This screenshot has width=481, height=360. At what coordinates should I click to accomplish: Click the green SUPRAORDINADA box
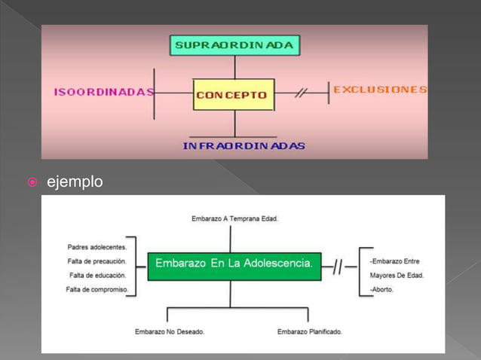click(x=234, y=45)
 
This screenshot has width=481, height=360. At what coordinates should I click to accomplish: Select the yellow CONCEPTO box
click(x=233, y=95)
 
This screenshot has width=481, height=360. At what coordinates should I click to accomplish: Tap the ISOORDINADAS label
click(x=103, y=93)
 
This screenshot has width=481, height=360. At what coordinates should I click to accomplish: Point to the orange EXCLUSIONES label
click(x=380, y=90)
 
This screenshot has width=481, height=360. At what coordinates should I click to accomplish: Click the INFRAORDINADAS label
click(x=244, y=145)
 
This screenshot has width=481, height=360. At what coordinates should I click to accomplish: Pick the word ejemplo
click(x=75, y=182)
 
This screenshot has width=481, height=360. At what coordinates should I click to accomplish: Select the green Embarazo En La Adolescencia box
click(x=234, y=264)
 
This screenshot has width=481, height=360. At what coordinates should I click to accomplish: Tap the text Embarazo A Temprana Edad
click(x=235, y=219)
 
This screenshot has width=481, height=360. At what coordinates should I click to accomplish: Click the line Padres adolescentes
click(x=97, y=246)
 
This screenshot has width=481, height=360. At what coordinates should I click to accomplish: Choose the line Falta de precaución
click(x=97, y=261)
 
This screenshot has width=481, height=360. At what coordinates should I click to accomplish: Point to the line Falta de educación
click(x=97, y=276)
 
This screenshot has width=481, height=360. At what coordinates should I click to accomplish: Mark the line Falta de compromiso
click(x=97, y=290)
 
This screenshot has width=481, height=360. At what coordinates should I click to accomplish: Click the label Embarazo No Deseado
click(x=169, y=331)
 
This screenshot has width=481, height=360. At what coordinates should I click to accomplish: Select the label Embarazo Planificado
click(x=309, y=331)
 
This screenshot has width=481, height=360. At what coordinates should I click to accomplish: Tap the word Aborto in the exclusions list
click(x=381, y=290)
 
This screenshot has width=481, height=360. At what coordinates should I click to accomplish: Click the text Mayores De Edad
click(x=397, y=276)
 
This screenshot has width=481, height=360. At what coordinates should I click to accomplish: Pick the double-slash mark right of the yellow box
click(x=301, y=93)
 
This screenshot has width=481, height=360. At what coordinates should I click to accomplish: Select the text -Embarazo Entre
click(x=395, y=261)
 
